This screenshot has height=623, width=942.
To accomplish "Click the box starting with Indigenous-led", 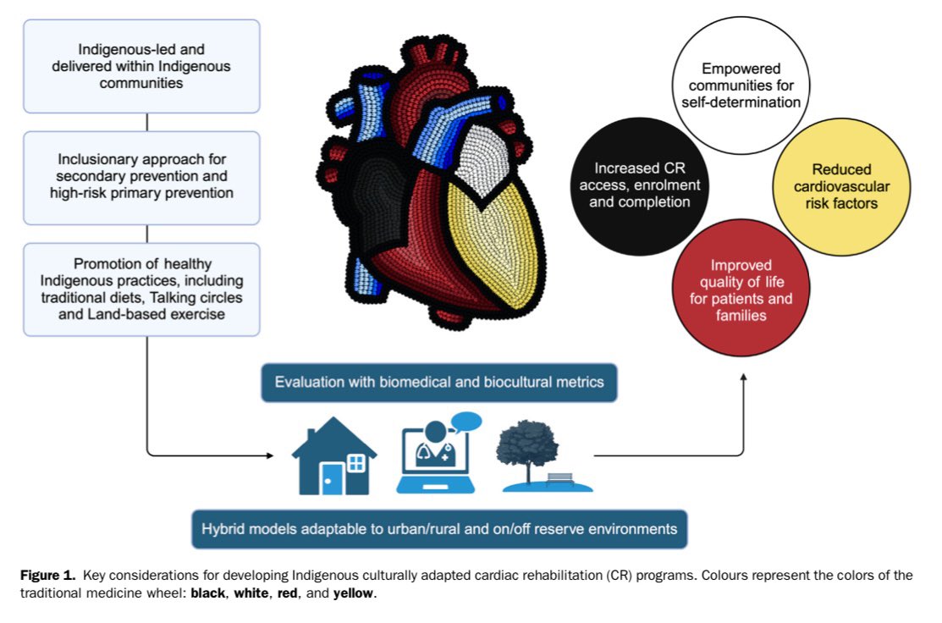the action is pyautogui.click(x=142, y=66).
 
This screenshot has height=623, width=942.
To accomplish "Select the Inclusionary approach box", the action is pyautogui.click(x=142, y=178).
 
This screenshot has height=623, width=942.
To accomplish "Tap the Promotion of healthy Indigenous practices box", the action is pyautogui.click(x=142, y=289).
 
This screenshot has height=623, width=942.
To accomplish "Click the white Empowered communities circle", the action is pyautogui.click(x=741, y=85).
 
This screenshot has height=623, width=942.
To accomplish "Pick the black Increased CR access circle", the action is pyautogui.click(x=639, y=186).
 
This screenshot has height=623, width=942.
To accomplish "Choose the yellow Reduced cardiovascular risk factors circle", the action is pyautogui.click(x=841, y=186).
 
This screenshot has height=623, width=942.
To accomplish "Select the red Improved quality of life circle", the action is pyautogui.click(x=741, y=289).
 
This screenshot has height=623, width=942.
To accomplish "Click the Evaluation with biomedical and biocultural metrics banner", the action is pyautogui.click(x=439, y=383).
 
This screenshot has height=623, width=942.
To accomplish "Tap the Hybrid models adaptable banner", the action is pyautogui.click(x=439, y=529).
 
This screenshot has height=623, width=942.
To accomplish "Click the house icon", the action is pyautogui.click(x=334, y=456).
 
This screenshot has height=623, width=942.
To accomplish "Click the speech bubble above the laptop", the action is pyautogui.click(x=466, y=422).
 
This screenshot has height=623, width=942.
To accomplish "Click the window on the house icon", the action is pyautogui.click(x=356, y=462).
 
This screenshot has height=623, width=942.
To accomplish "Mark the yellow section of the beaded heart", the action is pyautogui.click(x=493, y=246).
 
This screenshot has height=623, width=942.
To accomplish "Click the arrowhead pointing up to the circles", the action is pyautogui.click(x=744, y=378).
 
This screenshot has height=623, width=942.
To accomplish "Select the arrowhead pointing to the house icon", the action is pyautogui.click(x=270, y=455).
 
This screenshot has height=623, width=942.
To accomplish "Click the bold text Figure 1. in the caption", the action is pyautogui.click(x=48, y=575).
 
